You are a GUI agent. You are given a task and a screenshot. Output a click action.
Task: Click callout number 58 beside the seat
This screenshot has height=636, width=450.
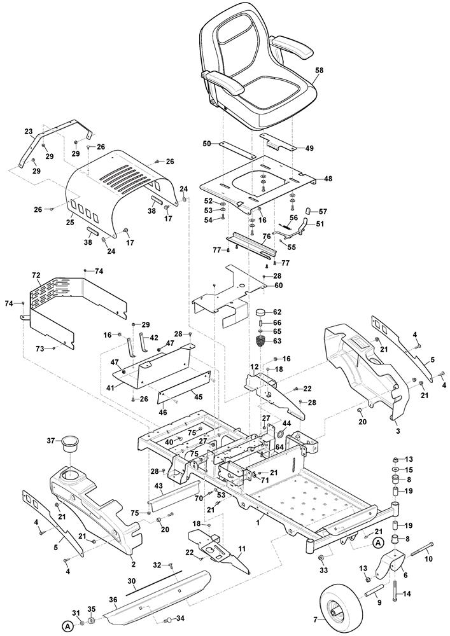319,71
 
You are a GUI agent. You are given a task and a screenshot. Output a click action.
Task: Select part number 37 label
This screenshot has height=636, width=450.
50,441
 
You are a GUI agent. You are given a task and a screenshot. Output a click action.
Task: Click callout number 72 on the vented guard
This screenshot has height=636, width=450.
36,275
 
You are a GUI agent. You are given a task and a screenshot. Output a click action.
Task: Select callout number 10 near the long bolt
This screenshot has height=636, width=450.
428,559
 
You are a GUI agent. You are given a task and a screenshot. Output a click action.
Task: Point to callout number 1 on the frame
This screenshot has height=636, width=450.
257,521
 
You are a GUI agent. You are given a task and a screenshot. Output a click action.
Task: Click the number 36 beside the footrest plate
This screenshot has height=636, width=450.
113,599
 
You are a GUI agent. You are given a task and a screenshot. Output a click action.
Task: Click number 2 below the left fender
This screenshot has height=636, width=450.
132,563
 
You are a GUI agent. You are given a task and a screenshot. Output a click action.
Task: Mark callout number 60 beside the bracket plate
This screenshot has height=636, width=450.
278,286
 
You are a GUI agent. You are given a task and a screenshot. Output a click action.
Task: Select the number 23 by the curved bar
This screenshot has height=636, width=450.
28,132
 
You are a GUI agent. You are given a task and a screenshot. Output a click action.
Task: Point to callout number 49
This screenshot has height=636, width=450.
309,148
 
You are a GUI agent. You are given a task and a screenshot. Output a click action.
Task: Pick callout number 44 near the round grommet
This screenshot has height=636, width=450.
286,423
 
